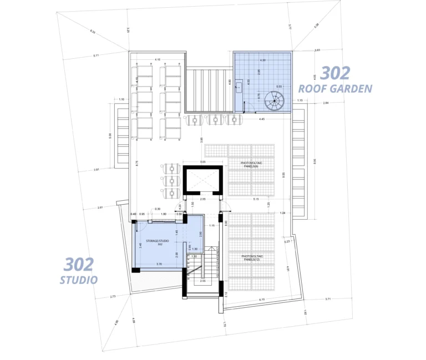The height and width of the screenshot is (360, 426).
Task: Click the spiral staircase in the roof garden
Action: point(273,102)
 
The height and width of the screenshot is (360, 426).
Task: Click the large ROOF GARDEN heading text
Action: point(335,88)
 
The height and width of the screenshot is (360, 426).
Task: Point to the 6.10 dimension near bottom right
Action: point(262,300)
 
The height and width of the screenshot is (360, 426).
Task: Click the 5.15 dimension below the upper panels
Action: point(256,199)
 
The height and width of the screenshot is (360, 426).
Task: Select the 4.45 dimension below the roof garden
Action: point(261,119)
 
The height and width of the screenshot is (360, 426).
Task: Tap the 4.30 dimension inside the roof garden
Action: point(262,60)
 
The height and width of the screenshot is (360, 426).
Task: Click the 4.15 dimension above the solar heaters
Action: point(158,59)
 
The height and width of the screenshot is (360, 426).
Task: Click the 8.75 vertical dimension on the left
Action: point(137,163)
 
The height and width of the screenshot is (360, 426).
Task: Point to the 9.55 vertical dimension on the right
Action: point(283,174)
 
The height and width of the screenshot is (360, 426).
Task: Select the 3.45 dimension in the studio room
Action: point(140,244)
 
